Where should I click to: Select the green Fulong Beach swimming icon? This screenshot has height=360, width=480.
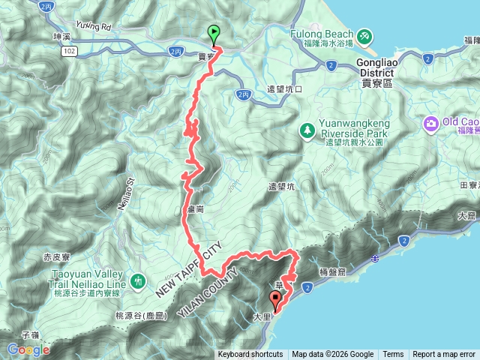(364, 35)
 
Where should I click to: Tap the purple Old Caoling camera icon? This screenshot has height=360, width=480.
(432, 123)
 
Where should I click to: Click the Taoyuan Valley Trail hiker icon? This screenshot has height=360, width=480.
(136, 282)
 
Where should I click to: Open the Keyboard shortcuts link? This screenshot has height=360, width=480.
(250, 355)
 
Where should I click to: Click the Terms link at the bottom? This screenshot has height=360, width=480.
(393, 355)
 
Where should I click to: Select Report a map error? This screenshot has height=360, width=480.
(444, 355)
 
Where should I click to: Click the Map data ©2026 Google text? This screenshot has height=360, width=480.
(333, 355)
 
